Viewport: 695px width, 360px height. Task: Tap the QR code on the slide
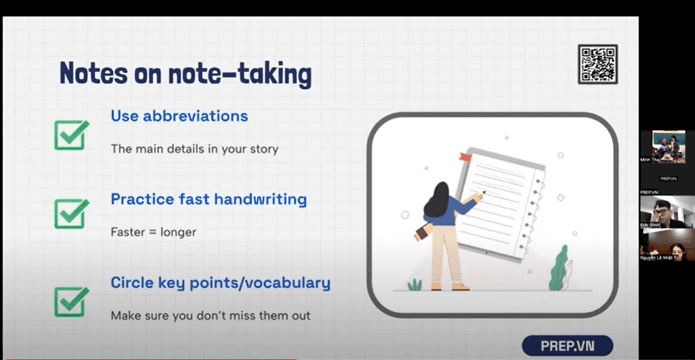click(598, 64)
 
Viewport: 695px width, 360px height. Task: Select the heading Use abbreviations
click(179, 116)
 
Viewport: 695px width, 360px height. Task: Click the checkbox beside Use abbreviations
click(71, 135)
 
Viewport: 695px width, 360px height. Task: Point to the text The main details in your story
click(194, 149)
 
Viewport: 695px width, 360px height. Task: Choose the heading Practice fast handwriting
click(209, 199)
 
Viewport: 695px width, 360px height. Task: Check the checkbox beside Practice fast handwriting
click(71, 213)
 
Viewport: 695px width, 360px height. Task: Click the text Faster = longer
click(153, 232)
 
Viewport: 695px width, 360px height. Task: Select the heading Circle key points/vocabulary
click(221, 283)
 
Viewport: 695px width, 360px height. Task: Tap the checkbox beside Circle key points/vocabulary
click(71, 302)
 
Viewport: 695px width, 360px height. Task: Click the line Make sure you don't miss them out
click(210, 316)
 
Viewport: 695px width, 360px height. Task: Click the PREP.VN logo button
click(567, 345)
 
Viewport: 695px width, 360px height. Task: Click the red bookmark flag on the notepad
click(465, 156)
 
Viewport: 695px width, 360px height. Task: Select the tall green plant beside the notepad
click(559, 269)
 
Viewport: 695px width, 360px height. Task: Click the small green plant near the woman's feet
click(414, 285)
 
